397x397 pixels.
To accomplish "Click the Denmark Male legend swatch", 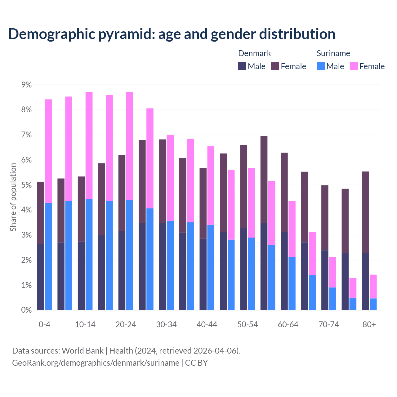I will coord(242,66).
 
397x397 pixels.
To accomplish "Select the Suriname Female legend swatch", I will coord(354,66).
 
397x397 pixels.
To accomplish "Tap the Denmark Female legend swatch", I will coord(275,66).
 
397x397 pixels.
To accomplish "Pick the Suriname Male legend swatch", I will coord(321,66).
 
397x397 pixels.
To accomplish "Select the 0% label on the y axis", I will coord(26,310).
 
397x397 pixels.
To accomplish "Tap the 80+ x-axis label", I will coord(369,324).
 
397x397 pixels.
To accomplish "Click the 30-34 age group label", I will coord(166,324).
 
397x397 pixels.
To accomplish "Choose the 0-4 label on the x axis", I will coord(44,324).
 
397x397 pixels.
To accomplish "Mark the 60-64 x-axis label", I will coord(288,324).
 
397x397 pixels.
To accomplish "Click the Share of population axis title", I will coord(13,197).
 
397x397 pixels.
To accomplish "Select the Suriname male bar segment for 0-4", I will coord(48,256).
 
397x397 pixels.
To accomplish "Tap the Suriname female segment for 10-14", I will coord(89,145).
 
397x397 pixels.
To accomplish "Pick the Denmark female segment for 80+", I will coord(365,212).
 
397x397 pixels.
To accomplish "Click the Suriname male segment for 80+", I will coord(373,304).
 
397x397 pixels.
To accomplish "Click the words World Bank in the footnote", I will coord(83,351).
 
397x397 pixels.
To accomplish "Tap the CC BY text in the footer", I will coord(196,363).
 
